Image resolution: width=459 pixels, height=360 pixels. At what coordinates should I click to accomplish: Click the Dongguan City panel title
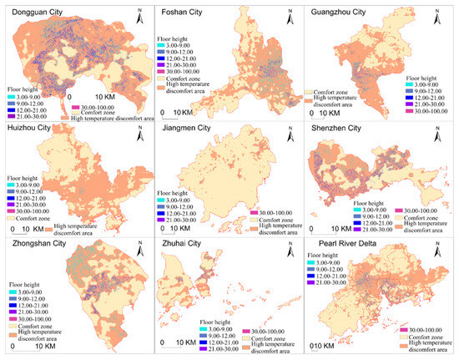(38, 13)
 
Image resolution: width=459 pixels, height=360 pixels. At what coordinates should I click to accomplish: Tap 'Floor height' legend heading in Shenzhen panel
(370, 202)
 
